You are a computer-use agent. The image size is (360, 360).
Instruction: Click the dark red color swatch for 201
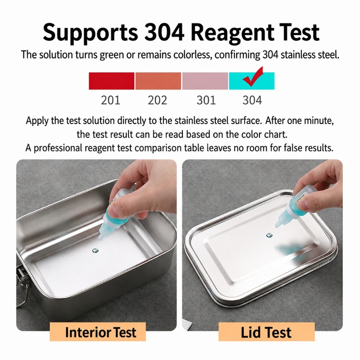(x=112, y=81)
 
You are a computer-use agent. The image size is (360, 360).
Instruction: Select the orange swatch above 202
(x=158, y=81)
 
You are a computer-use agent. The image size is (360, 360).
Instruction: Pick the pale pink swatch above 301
(x=205, y=81)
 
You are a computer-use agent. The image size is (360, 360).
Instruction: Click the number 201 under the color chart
(x=111, y=100)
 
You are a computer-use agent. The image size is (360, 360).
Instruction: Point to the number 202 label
(x=158, y=100)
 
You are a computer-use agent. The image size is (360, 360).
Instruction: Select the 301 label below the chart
(x=206, y=100)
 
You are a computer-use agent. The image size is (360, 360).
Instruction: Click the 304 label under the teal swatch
(x=252, y=100)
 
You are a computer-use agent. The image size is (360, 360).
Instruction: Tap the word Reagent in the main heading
(x=232, y=33)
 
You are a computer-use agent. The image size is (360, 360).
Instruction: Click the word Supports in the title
(x=90, y=33)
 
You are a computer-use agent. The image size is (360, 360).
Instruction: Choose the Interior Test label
(x=100, y=332)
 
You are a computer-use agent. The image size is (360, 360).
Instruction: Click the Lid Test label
(x=266, y=332)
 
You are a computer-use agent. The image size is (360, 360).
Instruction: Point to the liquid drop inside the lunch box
(x=95, y=251)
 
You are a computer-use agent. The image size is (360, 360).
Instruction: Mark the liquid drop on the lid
(x=269, y=235)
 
